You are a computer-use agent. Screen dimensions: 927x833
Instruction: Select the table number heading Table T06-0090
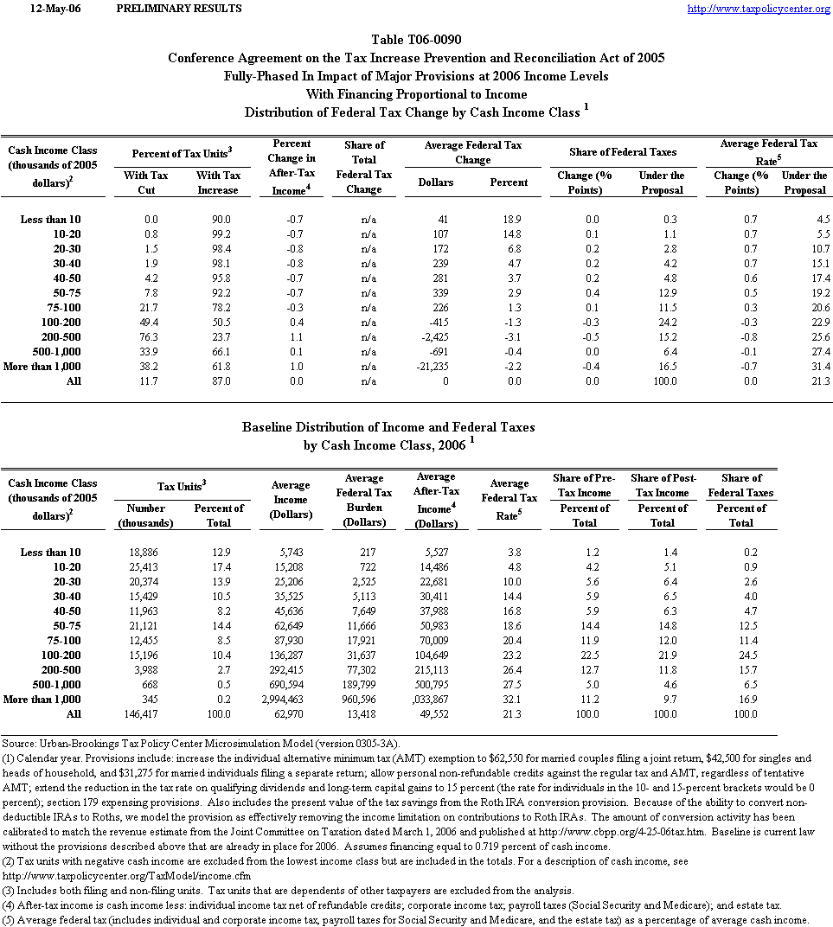pos(416,40)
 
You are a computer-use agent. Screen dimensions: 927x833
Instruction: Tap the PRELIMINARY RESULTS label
pos(178,9)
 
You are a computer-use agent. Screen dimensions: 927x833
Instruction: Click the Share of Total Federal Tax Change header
pos(364,167)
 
